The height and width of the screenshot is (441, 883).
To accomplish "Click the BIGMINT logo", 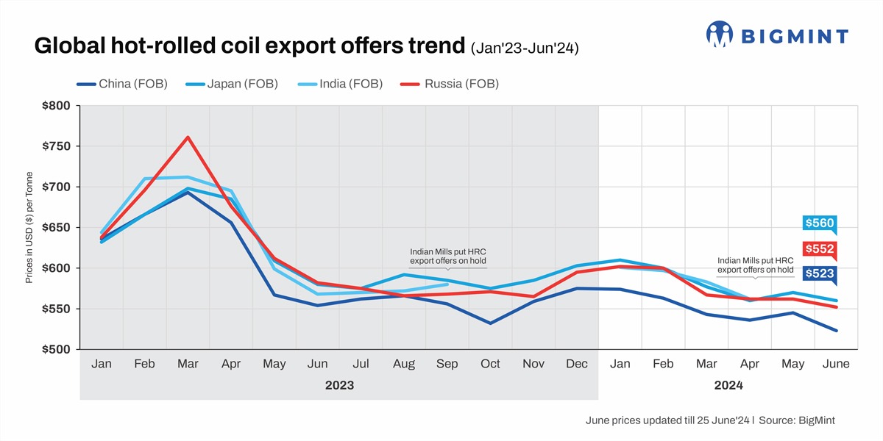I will [x=776, y=35].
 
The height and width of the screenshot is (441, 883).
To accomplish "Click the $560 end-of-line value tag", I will [x=819, y=223].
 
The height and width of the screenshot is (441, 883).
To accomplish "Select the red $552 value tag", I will [x=819, y=250].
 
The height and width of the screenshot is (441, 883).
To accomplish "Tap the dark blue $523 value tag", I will [x=819, y=273].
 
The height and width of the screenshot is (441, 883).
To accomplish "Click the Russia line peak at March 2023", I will [x=188, y=137].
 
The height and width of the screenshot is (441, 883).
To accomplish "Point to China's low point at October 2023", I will [x=490, y=323].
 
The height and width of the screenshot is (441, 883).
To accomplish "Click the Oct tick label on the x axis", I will [x=490, y=364].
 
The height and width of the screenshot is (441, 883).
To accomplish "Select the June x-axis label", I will [x=836, y=364].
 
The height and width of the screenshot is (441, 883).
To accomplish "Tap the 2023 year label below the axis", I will [x=339, y=385].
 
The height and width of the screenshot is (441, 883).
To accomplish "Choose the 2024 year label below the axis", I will [x=728, y=385].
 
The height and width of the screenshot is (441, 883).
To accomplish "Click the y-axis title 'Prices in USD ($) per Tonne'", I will [x=29, y=228].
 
